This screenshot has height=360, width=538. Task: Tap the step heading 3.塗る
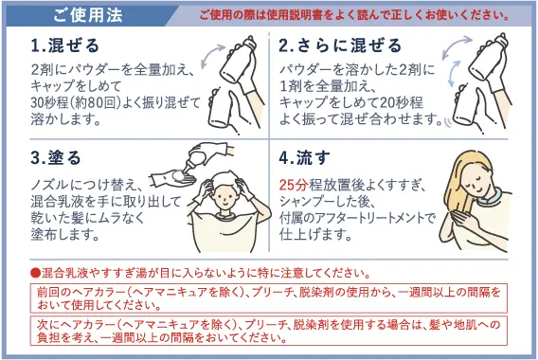[58, 156]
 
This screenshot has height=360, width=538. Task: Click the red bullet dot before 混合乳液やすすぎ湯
[35, 271]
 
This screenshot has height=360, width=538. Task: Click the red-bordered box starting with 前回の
[268, 298]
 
